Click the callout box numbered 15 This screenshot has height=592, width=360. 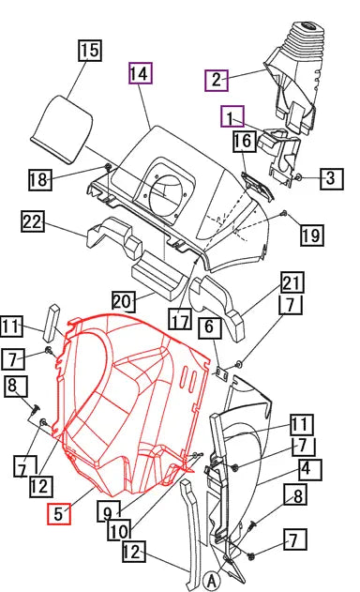pos(90,51)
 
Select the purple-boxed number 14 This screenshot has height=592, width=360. pos(141,73)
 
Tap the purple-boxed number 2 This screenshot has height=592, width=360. pos(217,80)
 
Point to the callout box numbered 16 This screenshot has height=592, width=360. pos(244,142)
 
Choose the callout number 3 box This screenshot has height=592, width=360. pos(332,178)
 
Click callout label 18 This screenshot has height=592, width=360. pos(40,180)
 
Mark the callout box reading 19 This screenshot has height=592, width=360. pos(312,235)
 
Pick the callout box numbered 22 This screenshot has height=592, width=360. pos(33,221)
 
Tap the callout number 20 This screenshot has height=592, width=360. pos(124,301)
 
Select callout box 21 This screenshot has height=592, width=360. pos(292,282)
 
